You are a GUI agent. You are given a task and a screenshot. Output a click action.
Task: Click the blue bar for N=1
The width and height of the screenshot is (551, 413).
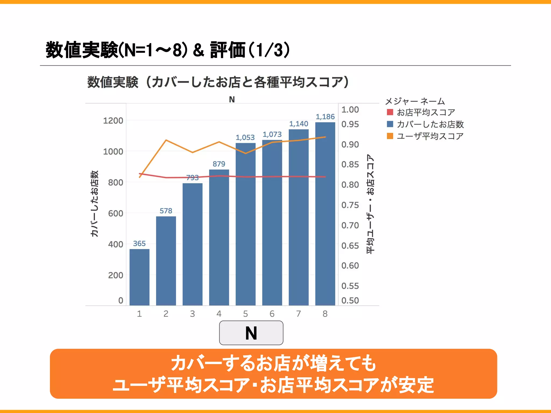pyautogui.click(x=139, y=277)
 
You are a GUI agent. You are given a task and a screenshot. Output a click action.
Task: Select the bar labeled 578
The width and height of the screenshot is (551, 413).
pyautogui.click(x=166, y=261)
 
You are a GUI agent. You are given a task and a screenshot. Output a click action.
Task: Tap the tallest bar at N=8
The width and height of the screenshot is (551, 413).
pyautogui.click(x=325, y=215)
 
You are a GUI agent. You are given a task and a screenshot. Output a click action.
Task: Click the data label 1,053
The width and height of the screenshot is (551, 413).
pyautogui.click(x=245, y=137)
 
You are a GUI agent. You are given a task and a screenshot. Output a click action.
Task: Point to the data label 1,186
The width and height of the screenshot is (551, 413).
pyautogui.click(x=325, y=117)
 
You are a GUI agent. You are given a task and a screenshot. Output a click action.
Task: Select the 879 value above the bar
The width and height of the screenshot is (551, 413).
pyautogui.click(x=219, y=164)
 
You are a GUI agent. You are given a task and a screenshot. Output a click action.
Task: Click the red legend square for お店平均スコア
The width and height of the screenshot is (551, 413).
pyautogui.click(x=390, y=112)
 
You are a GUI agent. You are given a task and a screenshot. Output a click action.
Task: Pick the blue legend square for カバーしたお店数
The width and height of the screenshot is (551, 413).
pyautogui.click(x=390, y=124)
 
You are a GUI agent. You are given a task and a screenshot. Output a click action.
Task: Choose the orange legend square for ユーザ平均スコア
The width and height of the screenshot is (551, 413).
pyautogui.click(x=390, y=136)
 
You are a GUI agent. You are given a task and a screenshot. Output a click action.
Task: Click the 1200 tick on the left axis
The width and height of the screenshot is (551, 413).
pyautogui.click(x=113, y=121)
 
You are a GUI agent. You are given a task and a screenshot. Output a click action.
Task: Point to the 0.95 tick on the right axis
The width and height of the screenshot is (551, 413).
pyautogui.click(x=350, y=124)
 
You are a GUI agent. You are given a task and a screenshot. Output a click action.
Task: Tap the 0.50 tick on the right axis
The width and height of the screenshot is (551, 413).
pyautogui.click(x=350, y=300)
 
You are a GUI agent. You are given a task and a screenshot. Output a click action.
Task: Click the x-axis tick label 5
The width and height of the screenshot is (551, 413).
pyautogui.click(x=245, y=314)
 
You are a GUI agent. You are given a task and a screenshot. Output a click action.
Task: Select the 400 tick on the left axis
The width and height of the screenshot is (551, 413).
pyautogui.click(x=115, y=244)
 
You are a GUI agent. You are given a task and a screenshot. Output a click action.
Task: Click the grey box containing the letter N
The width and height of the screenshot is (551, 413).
pyautogui.click(x=251, y=333)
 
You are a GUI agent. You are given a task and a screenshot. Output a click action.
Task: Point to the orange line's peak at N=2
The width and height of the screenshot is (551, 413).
pyautogui.click(x=166, y=140)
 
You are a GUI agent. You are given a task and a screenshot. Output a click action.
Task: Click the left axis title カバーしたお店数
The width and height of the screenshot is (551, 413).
pyautogui.click(x=94, y=204)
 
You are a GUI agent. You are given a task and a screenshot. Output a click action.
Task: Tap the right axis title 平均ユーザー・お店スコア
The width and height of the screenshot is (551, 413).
pyautogui.click(x=370, y=204)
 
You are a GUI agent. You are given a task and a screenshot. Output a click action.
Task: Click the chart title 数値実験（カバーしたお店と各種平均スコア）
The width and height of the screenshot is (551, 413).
pyautogui.click(x=218, y=82)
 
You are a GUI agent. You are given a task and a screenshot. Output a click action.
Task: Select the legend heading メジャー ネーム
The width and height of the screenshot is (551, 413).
pyautogui.click(x=415, y=101)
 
